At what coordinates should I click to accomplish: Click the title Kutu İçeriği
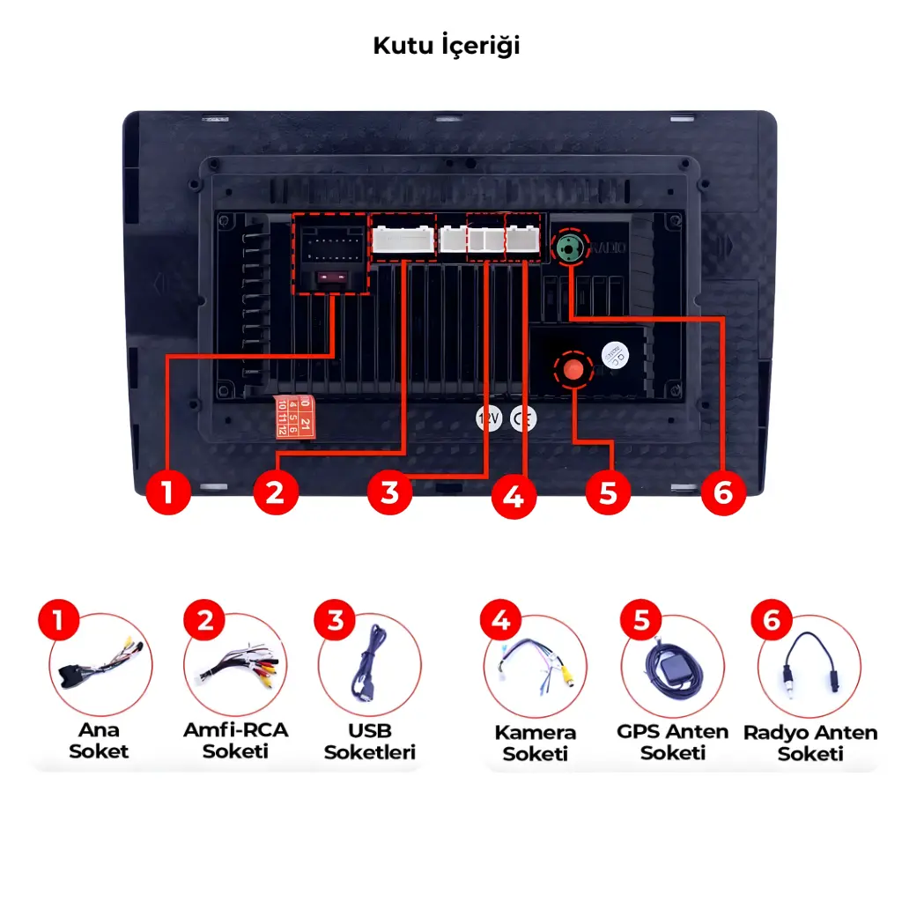click(447, 46)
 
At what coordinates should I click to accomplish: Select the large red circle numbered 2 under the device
click(276, 492)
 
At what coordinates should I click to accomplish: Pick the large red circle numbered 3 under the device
click(389, 492)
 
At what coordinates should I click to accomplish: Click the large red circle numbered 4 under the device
click(514, 497)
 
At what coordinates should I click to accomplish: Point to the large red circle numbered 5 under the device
click(608, 492)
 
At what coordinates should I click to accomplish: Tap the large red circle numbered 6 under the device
click(722, 492)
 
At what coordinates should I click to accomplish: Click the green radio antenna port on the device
click(569, 248)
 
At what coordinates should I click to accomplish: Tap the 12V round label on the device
click(488, 419)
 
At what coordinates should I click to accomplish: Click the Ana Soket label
click(99, 741)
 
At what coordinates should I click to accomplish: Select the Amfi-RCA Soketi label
click(235, 741)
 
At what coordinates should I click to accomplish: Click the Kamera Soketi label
click(535, 743)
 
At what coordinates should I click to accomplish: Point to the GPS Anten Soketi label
click(673, 742)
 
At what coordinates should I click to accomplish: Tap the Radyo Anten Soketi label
click(810, 743)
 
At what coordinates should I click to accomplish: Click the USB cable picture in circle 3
click(367, 665)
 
